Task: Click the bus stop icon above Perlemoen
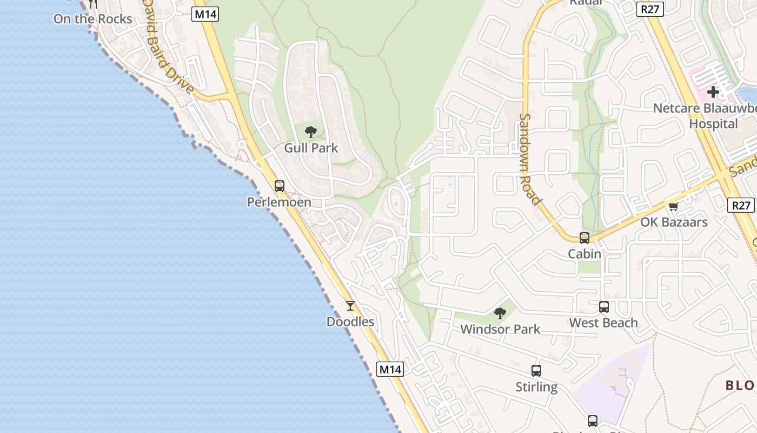[x=279, y=186]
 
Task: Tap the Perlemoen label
[x=279, y=202]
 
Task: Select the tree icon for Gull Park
[x=311, y=132]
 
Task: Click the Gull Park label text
[x=311, y=148]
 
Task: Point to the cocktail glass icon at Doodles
[x=350, y=306]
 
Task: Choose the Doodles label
[x=350, y=322]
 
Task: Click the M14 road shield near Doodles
[x=390, y=370]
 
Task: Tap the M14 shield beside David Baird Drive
[x=205, y=14]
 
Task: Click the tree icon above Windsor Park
[x=500, y=313]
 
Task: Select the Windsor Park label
[x=500, y=329]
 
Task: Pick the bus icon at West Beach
[x=604, y=307]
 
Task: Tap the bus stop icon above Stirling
[x=536, y=371]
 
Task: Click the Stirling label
[x=536, y=387]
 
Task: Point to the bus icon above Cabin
[x=585, y=238]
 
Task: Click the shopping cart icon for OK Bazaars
[x=674, y=206]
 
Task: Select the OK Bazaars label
[x=674, y=222]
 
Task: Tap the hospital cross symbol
[x=713, y=92]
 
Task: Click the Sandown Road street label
[x=530, y=159]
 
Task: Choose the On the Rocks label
[x=92, y=19]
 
